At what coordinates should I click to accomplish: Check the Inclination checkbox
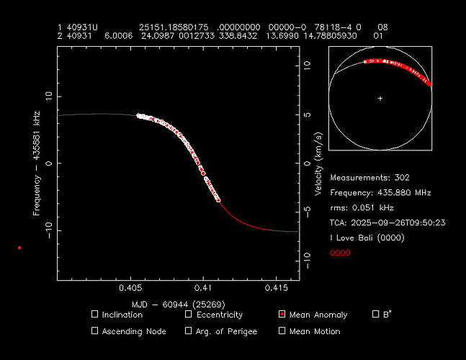tap(95, 315)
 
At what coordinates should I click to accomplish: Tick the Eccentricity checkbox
tap(189, 315)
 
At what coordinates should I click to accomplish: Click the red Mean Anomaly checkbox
tap(282, 315)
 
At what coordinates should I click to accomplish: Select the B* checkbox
tap(375, 315)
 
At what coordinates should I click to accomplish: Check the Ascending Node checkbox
tap(95, 331)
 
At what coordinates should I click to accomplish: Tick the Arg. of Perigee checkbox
tap(189, 331)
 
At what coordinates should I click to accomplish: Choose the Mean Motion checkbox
tap(282, 331)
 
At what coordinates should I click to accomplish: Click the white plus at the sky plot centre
tap(380, 98)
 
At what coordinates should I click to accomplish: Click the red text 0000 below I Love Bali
tap(340, 253)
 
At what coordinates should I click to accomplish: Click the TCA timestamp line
tap(387, 222)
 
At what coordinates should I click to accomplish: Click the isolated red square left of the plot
tap(20, 248)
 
